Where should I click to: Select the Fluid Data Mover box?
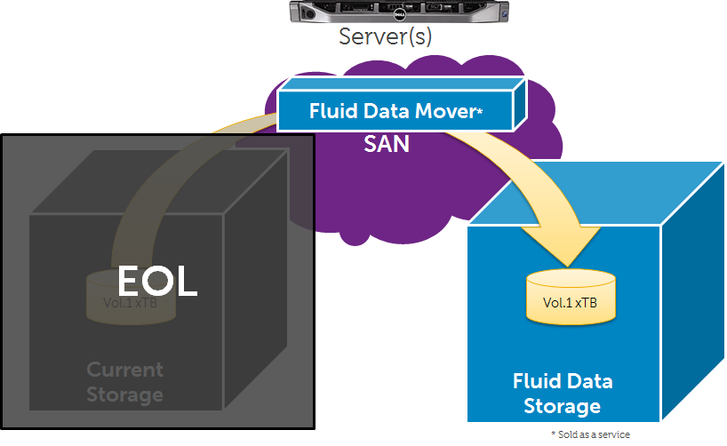click(x=396, y=110)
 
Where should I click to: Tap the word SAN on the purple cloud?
click(x=387, y=143)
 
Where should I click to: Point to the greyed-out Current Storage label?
click(x=124, y=381)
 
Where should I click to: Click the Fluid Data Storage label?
click(x=563, y=394)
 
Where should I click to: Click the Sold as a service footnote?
click(x=590, y=434)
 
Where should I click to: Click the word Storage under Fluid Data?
click(x=563, y=407)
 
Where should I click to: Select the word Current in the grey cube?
click(x=124, y=369)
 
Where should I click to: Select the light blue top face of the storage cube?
click(x=604, y=191)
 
